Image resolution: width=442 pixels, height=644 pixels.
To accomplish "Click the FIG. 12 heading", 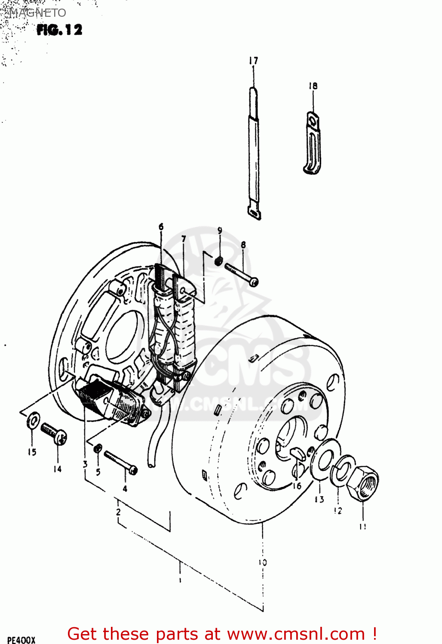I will click(x=59, y=30).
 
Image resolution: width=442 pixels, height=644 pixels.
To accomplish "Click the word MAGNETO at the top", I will click(x=37, y=13).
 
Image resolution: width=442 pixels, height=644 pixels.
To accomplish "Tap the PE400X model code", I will click(x=21, y=640).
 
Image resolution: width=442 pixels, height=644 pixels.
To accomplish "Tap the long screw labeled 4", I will click(x=120, y=462).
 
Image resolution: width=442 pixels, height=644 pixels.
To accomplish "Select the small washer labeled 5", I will click(x=98, y=449).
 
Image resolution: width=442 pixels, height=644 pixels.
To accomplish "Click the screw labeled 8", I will click(x=241, y=275).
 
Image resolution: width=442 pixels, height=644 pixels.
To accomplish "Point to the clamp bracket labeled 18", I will click(x=313, y=144).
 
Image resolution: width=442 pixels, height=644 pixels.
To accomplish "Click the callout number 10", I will click(x=263, y=562).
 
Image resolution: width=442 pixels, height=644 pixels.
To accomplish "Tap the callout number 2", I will click(x=118, y=512).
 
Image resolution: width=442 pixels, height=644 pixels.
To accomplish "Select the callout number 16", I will click(x=297, y=486).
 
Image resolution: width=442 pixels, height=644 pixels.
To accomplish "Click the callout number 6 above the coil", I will click(x=161, y=227).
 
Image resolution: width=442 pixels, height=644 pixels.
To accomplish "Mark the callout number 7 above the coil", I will click(x=184, y=239).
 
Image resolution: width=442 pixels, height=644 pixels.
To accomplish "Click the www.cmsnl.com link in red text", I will click(x=295, y=634).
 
